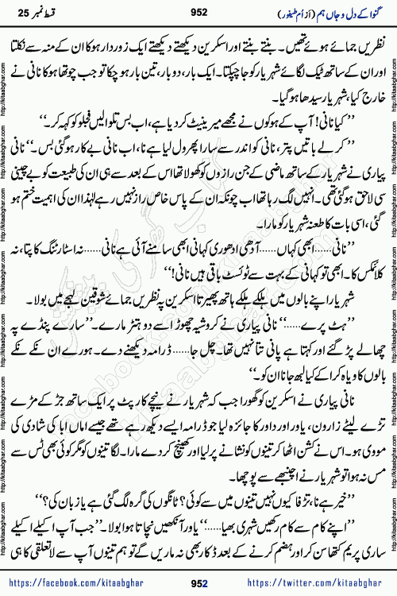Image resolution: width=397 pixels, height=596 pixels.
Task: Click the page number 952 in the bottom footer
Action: [198, 584]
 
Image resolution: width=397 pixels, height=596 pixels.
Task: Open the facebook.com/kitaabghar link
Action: [75, 584]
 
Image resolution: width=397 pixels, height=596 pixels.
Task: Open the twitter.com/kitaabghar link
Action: [326, 584]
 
